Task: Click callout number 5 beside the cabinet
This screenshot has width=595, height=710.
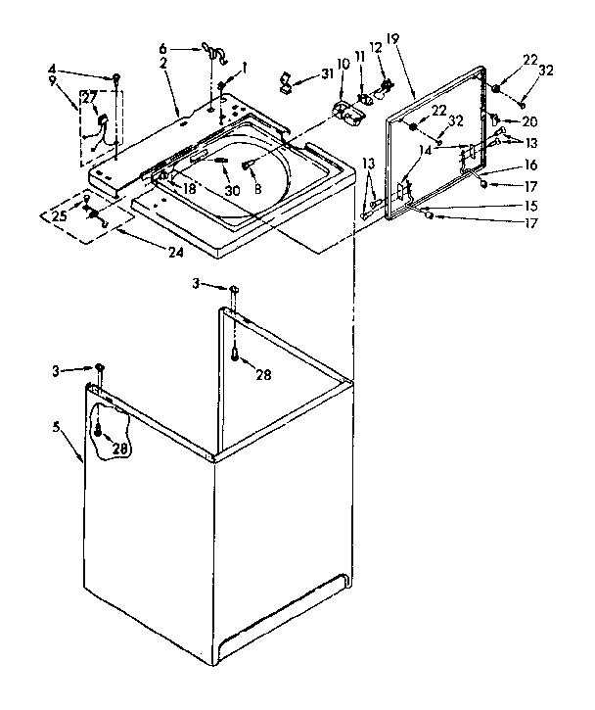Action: pyautogui.click(x=61, y=427)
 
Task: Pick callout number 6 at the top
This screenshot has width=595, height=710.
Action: pyautogui.click(x=164, y=48)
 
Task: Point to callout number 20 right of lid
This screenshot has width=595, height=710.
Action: pyautogui.click(x=529, y=121)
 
